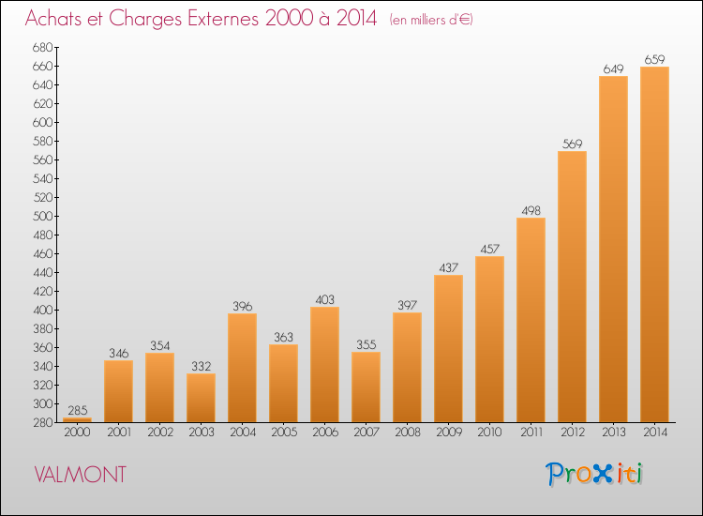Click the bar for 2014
[x=654, y=245]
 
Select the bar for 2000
[x=77, y=420]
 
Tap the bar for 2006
[x=324, y=364]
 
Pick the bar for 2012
[x=572, y=287]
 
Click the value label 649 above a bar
[x=613, y=69]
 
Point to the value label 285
[x=78, y=411]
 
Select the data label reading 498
[x=531, y=211]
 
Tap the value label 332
[x=202, y=367]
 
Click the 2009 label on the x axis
[x=449, y=433]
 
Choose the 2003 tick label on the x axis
[x=202, y=433]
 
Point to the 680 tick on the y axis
[x=42, y=48]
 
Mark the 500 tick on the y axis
[x=42, y=217]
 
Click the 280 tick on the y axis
[x=42, y=423]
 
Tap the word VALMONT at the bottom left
[x=81, y=475]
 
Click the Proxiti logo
[x=594, y=474]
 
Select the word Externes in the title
[x=223, y=18]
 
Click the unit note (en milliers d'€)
[x=431, y=20]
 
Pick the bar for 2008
[x=407, y=368]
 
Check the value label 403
[x=324, y=299]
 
